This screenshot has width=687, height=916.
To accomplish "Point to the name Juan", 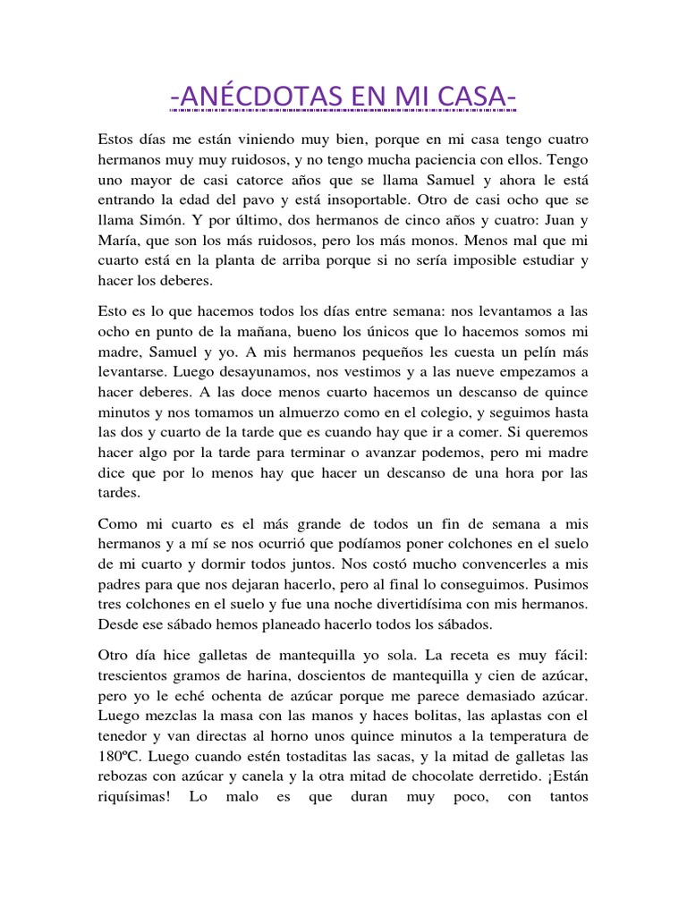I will [x=552, y=218].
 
